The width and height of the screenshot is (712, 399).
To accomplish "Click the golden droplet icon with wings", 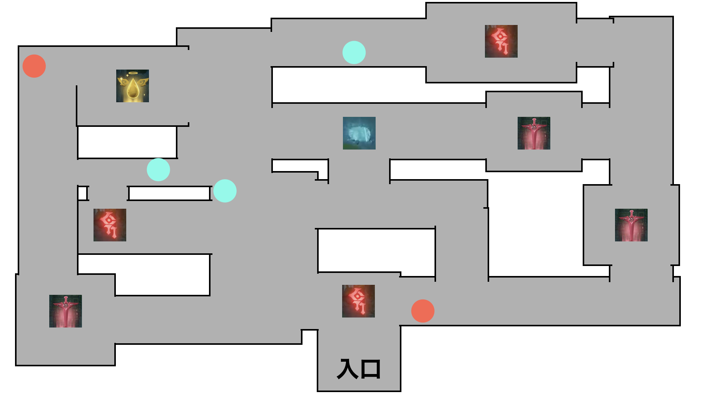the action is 132,86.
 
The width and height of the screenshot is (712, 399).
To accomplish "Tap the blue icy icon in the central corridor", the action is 359,133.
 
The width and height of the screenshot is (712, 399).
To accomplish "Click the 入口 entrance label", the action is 359,369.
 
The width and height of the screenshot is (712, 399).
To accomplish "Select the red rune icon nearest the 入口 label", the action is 358,301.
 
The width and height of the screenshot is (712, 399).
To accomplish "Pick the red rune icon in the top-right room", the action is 501,41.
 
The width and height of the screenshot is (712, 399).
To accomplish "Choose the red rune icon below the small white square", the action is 110,225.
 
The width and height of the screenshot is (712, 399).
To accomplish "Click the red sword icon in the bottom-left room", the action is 65,311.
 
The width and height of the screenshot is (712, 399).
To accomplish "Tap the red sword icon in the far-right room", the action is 631,225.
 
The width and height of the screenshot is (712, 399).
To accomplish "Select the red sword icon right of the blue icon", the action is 534,133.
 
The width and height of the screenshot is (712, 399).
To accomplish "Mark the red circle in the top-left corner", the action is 34,66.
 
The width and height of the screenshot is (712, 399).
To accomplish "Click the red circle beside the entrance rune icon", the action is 423,311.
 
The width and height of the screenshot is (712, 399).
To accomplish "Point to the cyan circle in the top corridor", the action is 354,52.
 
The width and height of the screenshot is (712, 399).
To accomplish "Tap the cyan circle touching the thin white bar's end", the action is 225,191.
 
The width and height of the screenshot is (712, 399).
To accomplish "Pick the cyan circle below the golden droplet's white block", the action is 158,170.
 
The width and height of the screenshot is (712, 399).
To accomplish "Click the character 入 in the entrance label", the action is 347,369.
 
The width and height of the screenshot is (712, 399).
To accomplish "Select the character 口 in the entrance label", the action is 371,369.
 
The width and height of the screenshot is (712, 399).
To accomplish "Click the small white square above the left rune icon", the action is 82,193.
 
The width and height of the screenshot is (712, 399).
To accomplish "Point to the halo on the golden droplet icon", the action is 133,73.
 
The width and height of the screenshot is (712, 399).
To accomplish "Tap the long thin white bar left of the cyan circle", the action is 169,193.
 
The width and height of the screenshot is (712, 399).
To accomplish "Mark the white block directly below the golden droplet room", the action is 127,142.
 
